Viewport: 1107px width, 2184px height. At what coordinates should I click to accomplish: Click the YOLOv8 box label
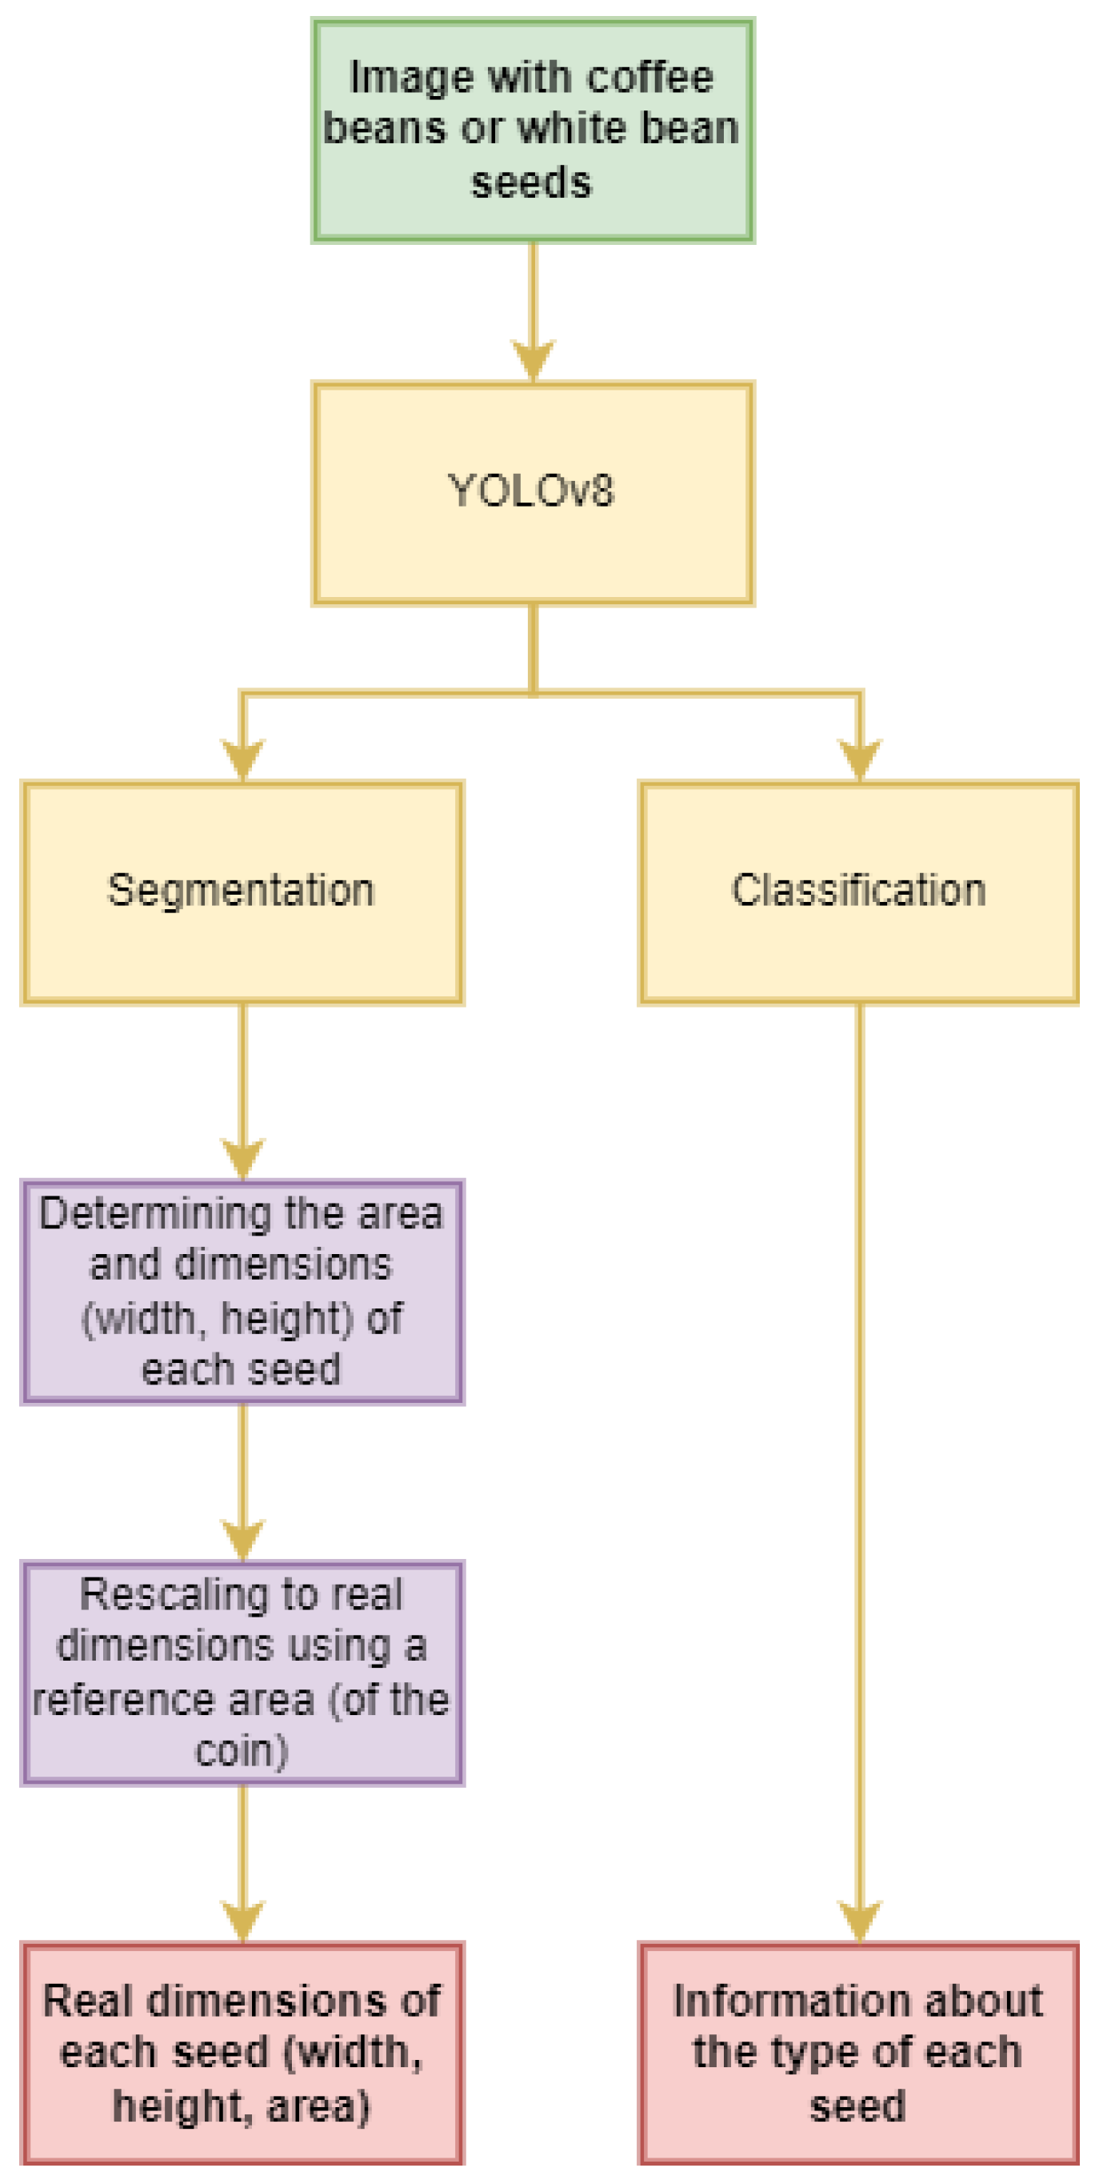(530, 491)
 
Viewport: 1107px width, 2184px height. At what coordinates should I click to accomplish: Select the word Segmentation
(241, 891)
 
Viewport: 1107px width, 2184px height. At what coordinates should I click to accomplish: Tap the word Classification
(859, 891)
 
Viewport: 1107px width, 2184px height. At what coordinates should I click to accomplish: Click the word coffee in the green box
(650, 78)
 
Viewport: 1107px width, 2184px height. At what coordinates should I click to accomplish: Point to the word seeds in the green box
(531, 182)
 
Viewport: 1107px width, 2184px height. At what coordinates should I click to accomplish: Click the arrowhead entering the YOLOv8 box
(533, 360)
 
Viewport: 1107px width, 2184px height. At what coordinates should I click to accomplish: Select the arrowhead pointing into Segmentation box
(242, 758)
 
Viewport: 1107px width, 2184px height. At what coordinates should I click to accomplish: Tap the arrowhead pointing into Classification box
(860, 758)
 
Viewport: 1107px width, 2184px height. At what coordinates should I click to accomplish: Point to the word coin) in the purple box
(242, 1751)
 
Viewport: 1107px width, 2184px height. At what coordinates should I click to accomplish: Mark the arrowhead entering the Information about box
(860, 1921)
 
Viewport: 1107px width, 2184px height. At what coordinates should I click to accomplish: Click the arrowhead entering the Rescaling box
(242, 1539)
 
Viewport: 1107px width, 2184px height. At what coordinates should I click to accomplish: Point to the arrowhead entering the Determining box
(242, 1157)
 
